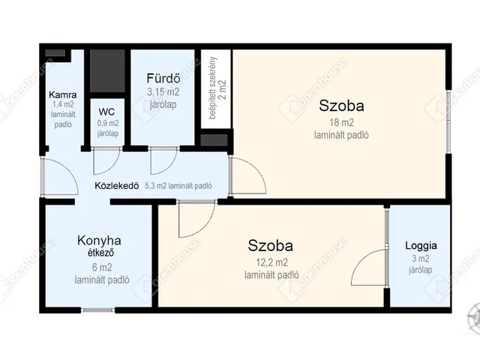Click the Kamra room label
63,95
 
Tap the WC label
106,112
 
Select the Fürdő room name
163,78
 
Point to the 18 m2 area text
341,123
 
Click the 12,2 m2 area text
271,262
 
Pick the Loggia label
421,245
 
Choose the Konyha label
99,240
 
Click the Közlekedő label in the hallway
117,186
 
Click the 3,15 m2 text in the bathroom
163,92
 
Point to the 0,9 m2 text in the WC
108,123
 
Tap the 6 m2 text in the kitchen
102,268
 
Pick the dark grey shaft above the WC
107,71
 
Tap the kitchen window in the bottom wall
98,310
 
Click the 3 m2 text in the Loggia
421,259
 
